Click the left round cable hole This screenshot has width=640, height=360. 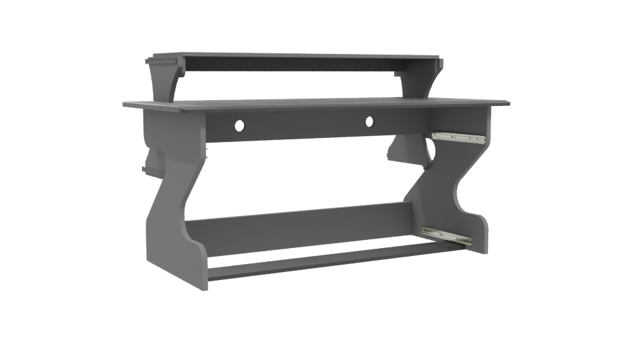coord(239,125)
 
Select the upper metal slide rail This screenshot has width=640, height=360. coord(459,137)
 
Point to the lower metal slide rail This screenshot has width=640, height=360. coord(447,236)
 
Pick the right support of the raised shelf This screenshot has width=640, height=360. coord(425,80)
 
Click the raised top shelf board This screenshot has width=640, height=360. coord(293,56)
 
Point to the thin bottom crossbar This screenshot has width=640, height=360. coord(320,260)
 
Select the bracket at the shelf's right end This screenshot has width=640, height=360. coord(441,63)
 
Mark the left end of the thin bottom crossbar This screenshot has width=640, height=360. coord(212,273)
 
